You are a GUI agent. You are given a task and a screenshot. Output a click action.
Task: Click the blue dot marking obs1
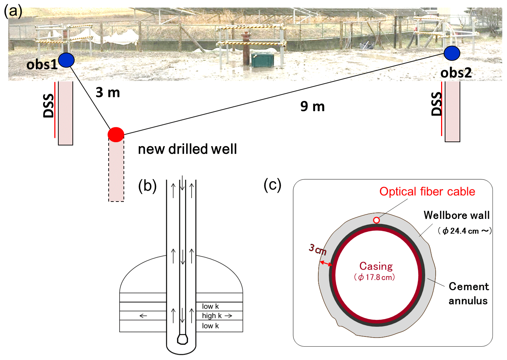pos(66,60)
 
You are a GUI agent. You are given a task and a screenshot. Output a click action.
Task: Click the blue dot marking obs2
pos(452,53)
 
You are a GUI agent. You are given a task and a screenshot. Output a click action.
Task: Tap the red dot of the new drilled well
pos(116,134)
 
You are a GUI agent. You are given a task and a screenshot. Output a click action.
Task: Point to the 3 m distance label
pos(108,93)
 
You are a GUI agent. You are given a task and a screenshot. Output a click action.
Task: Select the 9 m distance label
pos(312,106)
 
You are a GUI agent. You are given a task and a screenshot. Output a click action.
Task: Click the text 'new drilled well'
pos(187,149)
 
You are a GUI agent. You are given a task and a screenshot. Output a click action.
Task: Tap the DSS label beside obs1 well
pos(49,106)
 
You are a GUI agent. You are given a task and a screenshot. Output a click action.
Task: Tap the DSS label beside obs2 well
pos(437,104)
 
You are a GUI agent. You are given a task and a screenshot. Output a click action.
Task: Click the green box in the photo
pos(261,60)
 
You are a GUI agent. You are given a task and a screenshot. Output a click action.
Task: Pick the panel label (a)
pos(13,11)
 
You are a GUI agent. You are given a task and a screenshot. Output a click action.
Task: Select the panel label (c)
pos(272,185)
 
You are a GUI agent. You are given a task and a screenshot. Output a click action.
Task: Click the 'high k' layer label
pos(212,316)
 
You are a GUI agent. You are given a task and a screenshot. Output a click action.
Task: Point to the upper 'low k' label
pos(210,306)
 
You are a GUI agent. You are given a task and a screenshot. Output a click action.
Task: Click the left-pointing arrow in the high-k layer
pos(143,316)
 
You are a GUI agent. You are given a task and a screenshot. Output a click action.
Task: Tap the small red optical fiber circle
pos(377,220)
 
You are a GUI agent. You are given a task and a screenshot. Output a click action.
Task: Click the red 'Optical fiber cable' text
pos(427,191)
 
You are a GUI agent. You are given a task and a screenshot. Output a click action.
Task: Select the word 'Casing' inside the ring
pos(376,266)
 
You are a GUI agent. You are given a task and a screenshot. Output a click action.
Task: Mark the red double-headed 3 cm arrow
pos(326,264)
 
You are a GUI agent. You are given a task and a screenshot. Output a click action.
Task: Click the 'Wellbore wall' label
pos(456,215)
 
